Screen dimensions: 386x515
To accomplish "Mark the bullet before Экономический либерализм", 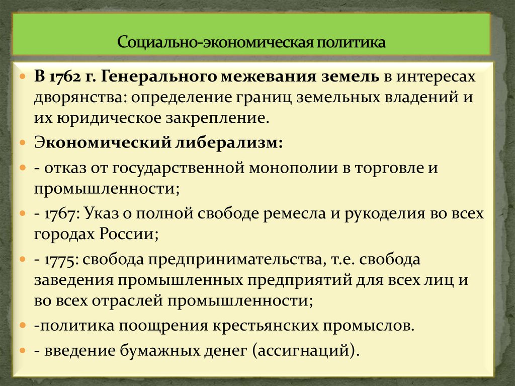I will [x=24, y=143].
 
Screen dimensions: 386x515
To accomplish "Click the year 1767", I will [x=57, y=213].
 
